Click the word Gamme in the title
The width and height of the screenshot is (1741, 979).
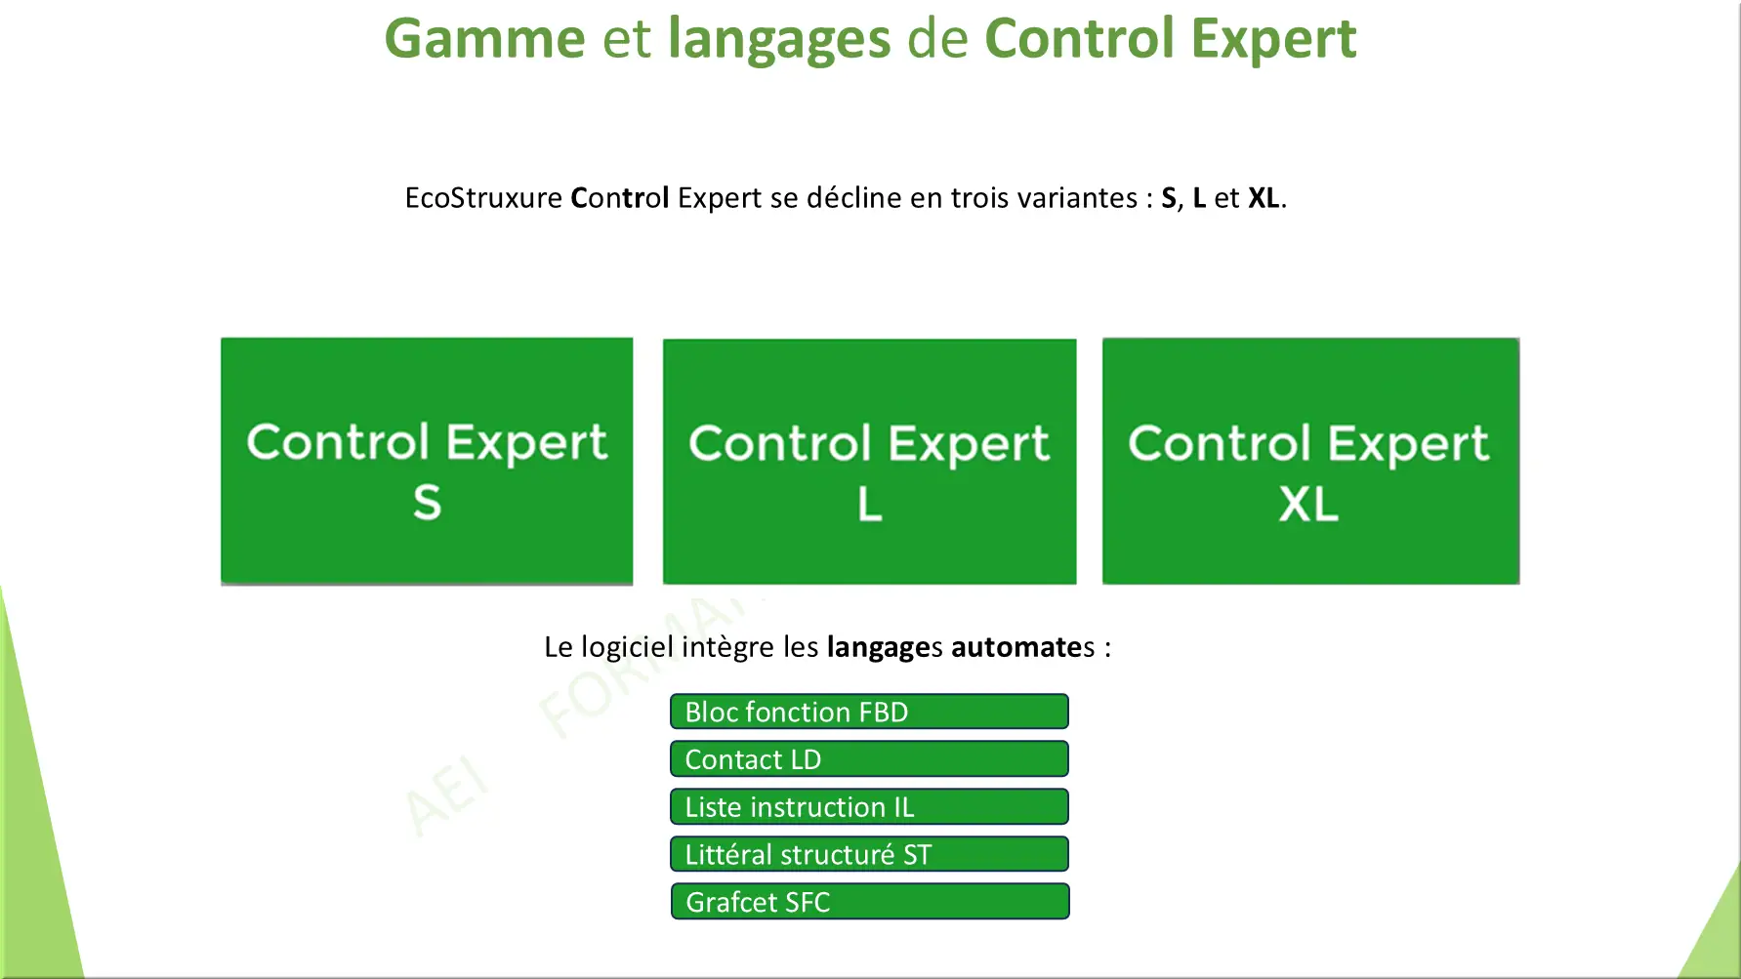pos(484,39)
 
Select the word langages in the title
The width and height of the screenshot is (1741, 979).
pos(779,41)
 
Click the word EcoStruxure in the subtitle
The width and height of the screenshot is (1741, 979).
pos(483,197)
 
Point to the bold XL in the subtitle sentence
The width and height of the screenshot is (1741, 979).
pos(1264,197)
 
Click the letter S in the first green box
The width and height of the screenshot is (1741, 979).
pos(427,503)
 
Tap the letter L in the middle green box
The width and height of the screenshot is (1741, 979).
pos(869,504)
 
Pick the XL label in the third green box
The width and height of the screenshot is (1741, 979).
pos(1308,504)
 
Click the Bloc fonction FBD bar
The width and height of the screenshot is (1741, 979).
pos(869,712)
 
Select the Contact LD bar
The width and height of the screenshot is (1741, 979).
pos(869,758)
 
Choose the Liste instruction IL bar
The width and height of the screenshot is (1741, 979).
pos(869,806)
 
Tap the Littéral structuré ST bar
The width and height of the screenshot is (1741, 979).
pos(869,854)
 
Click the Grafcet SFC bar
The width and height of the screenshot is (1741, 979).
pos(870,901)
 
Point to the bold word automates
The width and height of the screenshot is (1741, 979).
pos(1023,647)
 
